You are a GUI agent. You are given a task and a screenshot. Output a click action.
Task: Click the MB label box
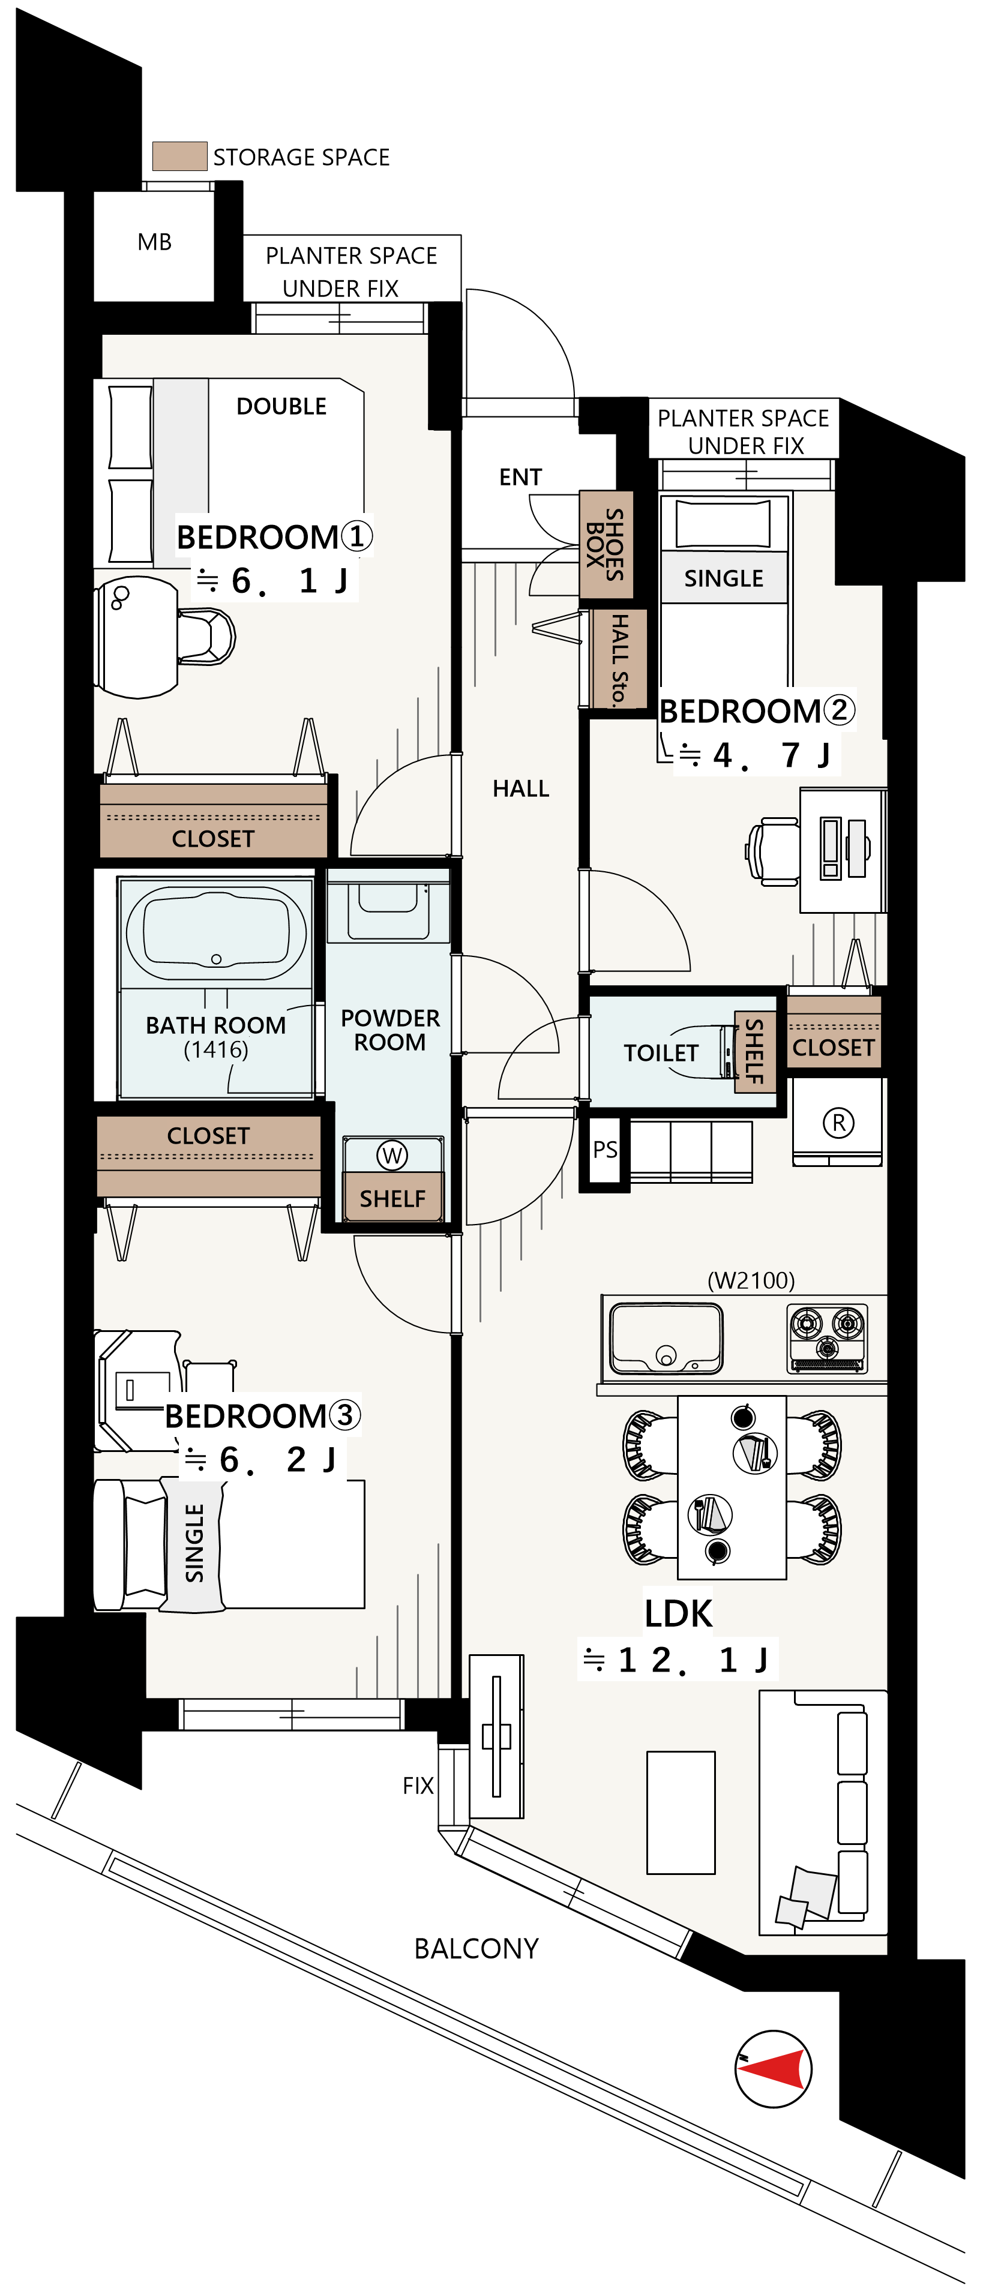154,242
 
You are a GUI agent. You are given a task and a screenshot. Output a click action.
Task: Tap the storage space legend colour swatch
180,156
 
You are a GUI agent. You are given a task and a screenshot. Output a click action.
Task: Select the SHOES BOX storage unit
606,544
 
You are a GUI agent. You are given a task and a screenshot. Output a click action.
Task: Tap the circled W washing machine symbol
392,1156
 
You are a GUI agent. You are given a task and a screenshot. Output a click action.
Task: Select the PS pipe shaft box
604,1150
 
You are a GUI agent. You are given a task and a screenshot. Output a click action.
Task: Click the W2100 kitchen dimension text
751,1280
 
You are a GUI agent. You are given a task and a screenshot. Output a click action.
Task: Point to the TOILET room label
661,1053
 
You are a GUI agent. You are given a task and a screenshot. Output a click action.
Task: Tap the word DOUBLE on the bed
281,406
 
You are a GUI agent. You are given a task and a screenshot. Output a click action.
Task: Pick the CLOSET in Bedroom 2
834,1033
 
